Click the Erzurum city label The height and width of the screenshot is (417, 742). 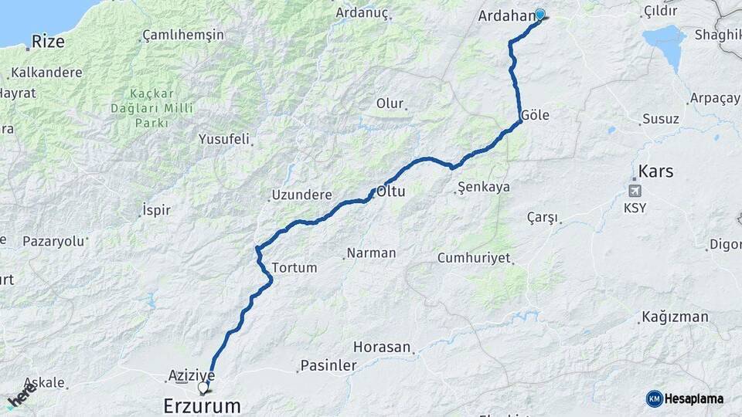pyautogui.click(x=202, y=405)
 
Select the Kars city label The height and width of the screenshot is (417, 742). pyautogui.click(x=655, y=171)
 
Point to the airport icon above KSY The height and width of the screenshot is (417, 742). pyautogui.click(x=635, y=191)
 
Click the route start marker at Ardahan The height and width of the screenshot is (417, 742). pyautogui.click(x=539, y=14)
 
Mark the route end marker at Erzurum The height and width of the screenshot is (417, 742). pyautogui.click(x=203, y=387)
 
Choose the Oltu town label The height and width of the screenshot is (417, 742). pyautogui.click(x=390, y=190)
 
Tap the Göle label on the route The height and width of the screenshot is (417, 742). pyautogui.click(x=535, y=114)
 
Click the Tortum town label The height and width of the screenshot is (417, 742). pyautogui.click(x=294, y=268)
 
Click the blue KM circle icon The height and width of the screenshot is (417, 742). pyautogui.click(x=655, y=398)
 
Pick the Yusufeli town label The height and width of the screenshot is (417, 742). pyautogui.click(x=224, y=140)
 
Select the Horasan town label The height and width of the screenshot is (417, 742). pyautogui.click(x=382, y=347)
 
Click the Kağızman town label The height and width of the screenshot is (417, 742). pyautogui.click(x=674, y=317)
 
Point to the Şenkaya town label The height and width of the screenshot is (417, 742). pyautogui.click(x=484, y=187)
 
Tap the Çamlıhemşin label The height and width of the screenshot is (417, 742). pyautogui.click(x=183, y=36)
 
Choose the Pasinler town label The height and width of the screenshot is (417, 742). pyautogui.click(x=328, y=365)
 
